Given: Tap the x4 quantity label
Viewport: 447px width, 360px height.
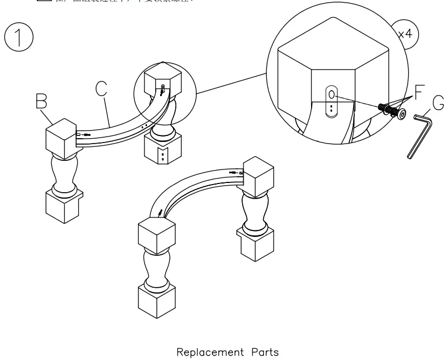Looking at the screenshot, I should (404, 33).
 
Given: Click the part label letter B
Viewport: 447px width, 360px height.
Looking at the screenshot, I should (42, 101).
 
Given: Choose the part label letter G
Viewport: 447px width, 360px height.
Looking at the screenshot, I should (438, 102).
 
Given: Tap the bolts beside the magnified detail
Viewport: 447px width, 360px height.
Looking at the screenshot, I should (392, 111).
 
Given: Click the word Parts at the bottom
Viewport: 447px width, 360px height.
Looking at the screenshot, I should (265, 352).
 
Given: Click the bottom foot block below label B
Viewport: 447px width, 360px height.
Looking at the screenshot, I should (63, 205).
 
